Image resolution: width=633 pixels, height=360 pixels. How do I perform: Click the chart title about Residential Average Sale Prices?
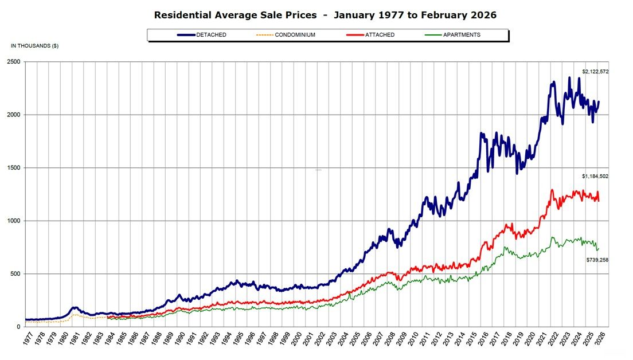click(325, 15)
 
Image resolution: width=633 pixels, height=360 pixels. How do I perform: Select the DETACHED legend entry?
click(202, 35)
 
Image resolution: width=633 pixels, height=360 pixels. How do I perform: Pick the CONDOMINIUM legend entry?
click(286, 35)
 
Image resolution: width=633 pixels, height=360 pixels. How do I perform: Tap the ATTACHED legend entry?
click(371, 35)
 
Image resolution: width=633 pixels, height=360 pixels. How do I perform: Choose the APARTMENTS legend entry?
click(452, 35)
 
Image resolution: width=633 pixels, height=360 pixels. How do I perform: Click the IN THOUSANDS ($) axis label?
click(34, 45)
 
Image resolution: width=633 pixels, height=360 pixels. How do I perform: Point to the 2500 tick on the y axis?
click(13, 62)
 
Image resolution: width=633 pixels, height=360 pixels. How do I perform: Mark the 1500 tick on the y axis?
click(13, 168)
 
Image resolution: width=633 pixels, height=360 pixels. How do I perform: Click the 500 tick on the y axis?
click(14, 274)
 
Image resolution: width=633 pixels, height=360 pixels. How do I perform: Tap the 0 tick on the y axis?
click(18, 327)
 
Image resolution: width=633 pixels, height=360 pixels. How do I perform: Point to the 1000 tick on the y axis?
click(13, 221)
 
